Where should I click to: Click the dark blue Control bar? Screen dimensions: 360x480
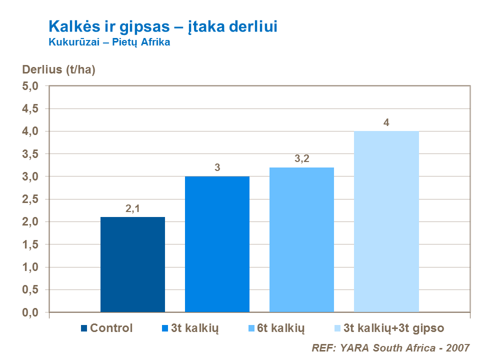tap(132, 264)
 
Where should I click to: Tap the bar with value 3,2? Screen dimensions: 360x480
tap(301, 239)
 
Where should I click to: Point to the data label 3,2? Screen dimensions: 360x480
tap(301, 159)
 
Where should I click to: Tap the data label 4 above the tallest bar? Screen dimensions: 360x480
tap(386, 123)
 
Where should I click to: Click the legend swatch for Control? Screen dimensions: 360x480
tap(83, 328)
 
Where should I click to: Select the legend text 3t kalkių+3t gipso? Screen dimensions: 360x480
tap(390, 328)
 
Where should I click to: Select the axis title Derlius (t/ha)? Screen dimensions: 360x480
tap(58, 69)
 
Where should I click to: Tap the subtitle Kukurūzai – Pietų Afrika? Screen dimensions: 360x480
tap(109, 42)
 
